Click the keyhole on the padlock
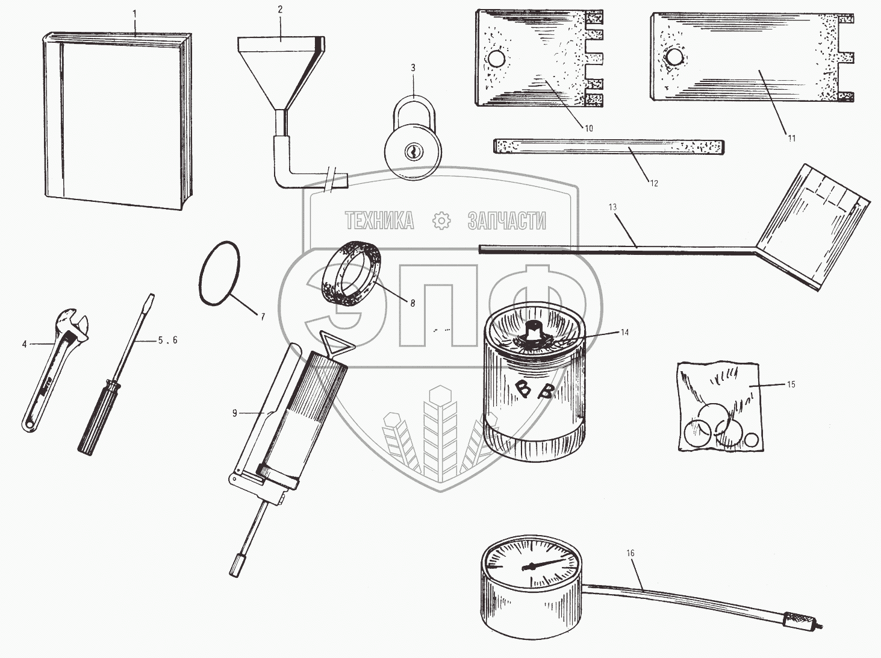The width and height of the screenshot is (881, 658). (x=412, y=152)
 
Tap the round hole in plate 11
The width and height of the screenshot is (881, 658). (x=674, y=57)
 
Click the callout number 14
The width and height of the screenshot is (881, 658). (x=624, y=333)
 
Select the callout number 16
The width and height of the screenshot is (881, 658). (x=630, y=553)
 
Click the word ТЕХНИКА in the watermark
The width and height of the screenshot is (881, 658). (x=380, y=221)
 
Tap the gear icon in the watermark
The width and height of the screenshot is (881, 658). (x=441, y=221)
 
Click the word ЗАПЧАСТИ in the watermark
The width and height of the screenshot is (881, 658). (x=507, y=221)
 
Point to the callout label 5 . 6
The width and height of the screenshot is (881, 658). (x=167, y=340)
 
